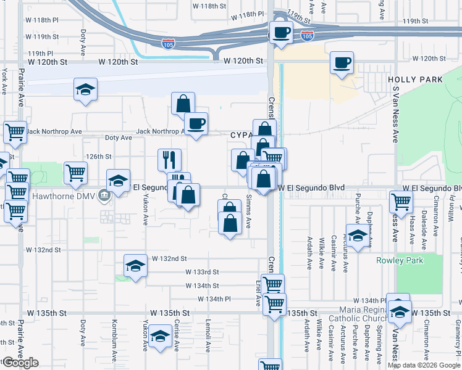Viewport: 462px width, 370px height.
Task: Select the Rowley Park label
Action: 400,260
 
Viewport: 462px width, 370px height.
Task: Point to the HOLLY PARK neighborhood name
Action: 415,80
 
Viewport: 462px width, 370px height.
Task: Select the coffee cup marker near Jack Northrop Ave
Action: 196,123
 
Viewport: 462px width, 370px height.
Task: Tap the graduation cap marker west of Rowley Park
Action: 356,236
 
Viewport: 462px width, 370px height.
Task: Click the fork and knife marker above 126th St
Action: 169,160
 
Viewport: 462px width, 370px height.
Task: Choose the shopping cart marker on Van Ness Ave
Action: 401,201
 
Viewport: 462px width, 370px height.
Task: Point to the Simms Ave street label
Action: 248,211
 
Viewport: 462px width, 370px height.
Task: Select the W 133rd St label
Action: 202,272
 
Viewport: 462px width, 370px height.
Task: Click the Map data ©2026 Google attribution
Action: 423,365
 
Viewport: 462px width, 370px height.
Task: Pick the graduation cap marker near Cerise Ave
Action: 160,337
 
